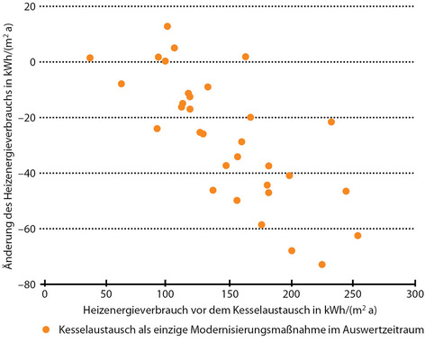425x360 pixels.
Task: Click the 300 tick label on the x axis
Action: click(x=414, y=294)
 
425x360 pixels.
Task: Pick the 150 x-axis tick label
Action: click(x=229, y=294)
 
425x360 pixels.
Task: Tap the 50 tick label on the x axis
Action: click(x=105, y=294)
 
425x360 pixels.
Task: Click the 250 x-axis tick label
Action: click(x=352, y=294)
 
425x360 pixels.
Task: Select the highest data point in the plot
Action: click(x=167, y=26)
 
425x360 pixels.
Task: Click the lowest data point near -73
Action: click(x=321, y=265)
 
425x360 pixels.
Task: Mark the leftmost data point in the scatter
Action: click(x=90, y=58)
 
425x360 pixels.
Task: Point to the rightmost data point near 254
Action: click(x=357, y=236)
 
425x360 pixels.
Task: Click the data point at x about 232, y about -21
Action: click(x=331, y=121)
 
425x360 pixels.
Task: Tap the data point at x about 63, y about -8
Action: click(x=122, y=84)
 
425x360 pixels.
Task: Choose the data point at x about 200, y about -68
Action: click(x=292, y=251)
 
